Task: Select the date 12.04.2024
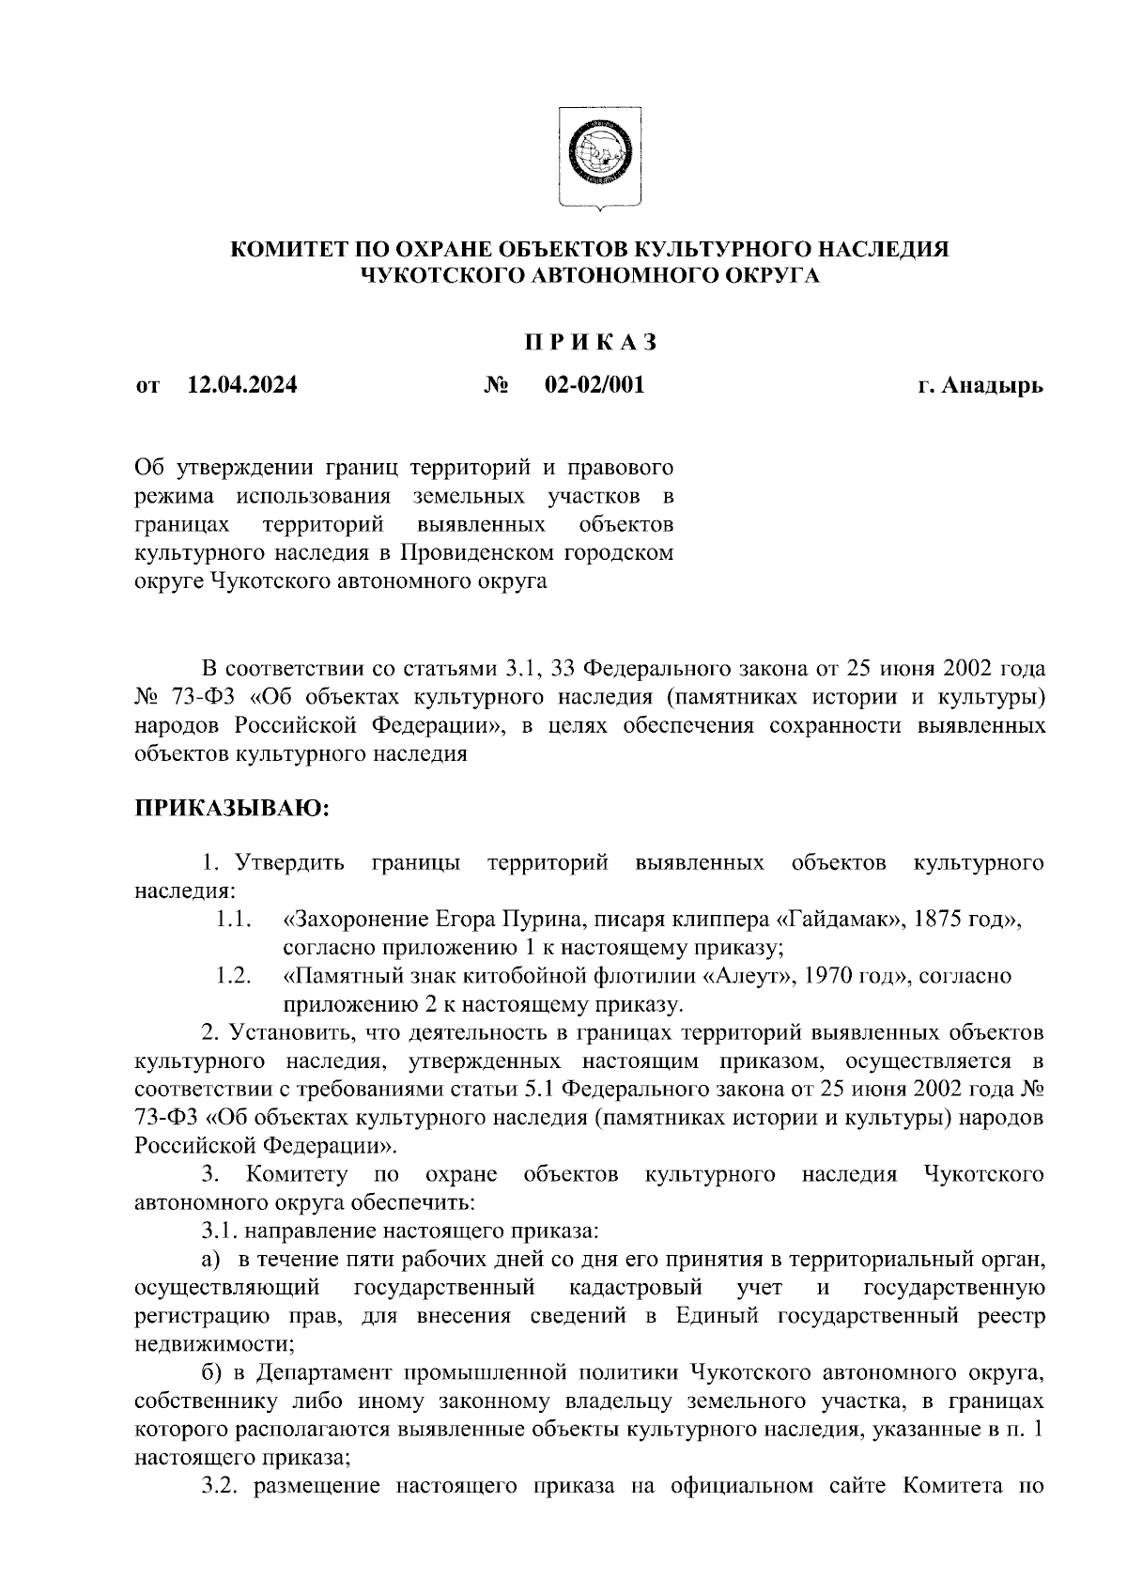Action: pyautogui.click(x=242, y=384)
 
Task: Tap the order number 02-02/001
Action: pyautogui.click(x=594, y=384)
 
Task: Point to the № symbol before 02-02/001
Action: pyautogui.click(x=497, y=385)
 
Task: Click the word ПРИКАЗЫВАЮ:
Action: pyautogui.click(x=231, y=809)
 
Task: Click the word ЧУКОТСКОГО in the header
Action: pyautogui.click(x=440, y=275)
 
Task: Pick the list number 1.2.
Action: pyautogui.click(x=232, y=976)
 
